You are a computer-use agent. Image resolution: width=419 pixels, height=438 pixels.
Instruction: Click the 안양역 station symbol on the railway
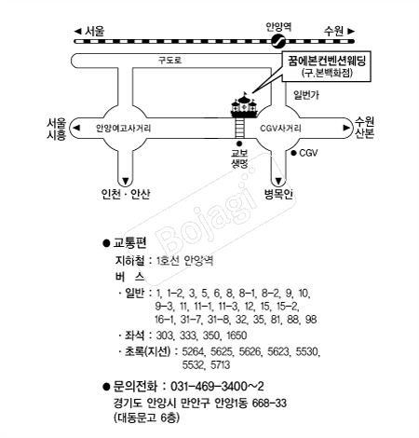[277, 41]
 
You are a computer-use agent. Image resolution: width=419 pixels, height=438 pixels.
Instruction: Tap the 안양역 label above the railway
[278, 27]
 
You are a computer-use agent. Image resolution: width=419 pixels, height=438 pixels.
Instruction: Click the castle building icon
[244, 104]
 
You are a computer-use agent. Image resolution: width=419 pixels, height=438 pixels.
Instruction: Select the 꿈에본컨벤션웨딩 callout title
[327, 61]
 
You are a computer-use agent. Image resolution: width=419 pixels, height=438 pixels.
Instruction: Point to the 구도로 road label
[170, 60]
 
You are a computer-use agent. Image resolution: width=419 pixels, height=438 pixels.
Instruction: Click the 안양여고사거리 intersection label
[123, 129]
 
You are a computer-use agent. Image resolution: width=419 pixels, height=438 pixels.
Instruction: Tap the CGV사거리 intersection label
[280, 129]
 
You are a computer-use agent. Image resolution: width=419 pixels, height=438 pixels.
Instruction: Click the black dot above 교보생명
[239, 144]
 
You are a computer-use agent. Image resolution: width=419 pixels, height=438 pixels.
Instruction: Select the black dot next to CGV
[293, 153]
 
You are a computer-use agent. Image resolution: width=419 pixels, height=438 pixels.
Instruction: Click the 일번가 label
[306, 95]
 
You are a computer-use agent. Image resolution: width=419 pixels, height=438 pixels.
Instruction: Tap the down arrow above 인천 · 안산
[126, 181]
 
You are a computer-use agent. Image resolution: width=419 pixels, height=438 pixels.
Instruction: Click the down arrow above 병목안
[278, 181]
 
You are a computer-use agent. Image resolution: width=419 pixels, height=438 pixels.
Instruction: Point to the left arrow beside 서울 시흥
[76, 128]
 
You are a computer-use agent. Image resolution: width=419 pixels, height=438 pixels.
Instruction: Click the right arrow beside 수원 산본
[346, 128]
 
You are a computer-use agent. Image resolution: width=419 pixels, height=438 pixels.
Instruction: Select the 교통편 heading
[129, 242]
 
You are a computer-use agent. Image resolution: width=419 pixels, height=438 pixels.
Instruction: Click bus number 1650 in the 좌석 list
[237, 335]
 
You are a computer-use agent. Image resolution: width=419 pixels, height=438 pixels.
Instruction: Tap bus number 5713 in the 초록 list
[220, 365]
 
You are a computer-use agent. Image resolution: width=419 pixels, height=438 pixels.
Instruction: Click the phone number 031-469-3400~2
[217, 387]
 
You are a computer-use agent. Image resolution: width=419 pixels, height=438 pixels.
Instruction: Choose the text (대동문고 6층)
[146, 417]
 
